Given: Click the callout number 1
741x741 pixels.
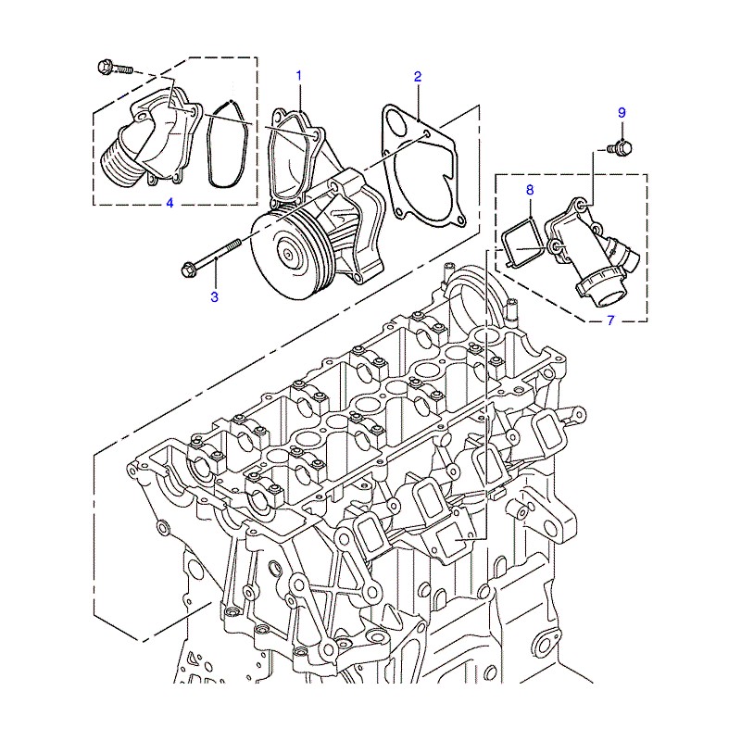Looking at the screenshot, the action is point(298,76).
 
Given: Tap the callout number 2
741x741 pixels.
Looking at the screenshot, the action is point(418,77).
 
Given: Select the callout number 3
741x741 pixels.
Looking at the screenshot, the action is point(215,296).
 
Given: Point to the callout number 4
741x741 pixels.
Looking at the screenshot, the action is point(170,203).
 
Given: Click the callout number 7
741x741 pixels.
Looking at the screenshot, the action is point(610,320).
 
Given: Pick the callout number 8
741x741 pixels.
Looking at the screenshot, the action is point(530,190).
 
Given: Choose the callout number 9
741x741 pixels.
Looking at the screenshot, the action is point(622,113).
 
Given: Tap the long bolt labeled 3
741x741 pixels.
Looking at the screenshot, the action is point(211,257).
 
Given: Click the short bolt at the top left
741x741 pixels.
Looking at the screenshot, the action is point(114,67).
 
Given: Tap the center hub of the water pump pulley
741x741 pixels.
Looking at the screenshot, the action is point(288,255).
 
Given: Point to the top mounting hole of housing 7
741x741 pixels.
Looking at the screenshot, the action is point(582,205).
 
